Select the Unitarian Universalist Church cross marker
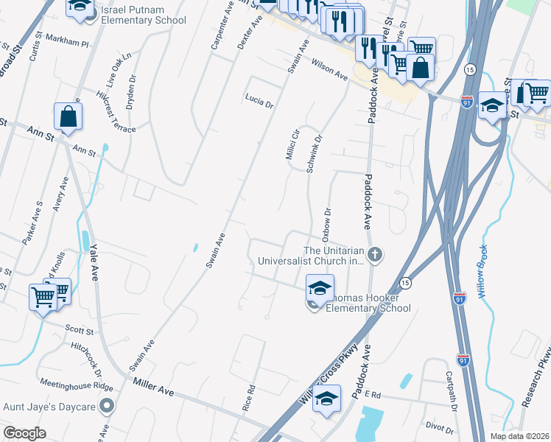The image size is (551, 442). [375, 255]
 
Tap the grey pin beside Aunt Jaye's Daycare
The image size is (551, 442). [107, 406]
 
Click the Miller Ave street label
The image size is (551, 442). [153, 387]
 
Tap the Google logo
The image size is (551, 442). [25, 432]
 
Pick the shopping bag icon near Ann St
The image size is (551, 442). [68, 116]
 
